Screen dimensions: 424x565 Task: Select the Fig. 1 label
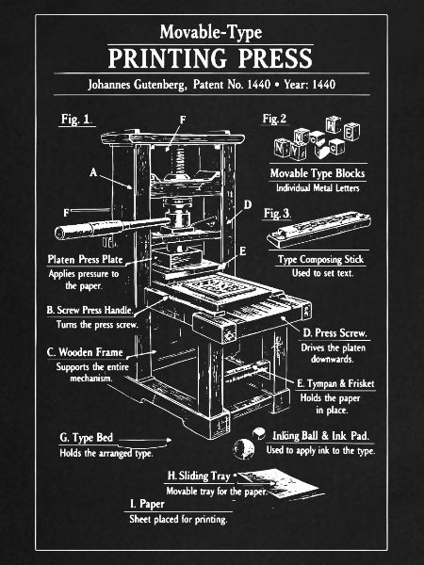point(75,120)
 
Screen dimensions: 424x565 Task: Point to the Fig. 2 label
point(274,119)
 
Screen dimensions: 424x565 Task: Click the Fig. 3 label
point(276,214)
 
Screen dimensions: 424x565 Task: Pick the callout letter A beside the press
point(93,172)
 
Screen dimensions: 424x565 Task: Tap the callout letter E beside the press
point(243,251)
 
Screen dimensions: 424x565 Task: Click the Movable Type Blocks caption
point(318,173)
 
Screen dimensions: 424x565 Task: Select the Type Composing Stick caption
point(320,260)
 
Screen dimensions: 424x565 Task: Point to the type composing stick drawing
point(318,229)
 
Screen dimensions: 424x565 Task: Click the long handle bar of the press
point(112,227)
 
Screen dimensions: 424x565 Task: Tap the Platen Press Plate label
point(85,260)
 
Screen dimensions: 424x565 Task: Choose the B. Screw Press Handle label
point(90,310)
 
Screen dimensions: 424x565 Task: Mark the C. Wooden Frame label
point(85,352)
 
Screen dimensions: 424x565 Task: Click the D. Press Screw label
point(334,333)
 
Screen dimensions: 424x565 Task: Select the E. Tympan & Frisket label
point(335,384)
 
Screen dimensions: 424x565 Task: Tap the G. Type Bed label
point(86,438)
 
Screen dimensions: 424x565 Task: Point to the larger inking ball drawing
point(244,449)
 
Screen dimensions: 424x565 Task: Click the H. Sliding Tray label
point(199,476)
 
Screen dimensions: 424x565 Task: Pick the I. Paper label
point(147,504)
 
